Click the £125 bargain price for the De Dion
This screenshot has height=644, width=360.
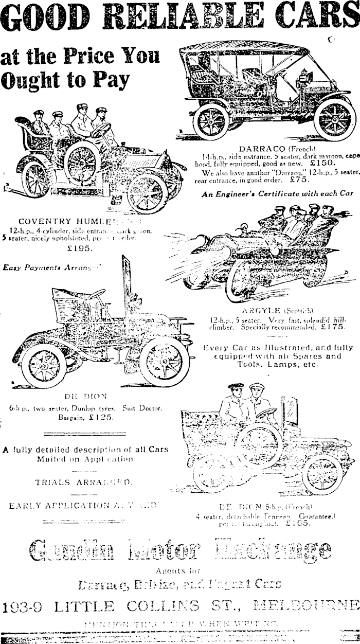click(102, 418)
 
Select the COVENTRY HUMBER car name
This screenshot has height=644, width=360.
click(71, 221)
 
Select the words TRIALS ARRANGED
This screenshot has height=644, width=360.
click(83, 482)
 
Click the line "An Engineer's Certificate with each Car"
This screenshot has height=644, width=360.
click(277, 193)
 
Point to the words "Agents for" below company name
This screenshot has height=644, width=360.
click(179, 570)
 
